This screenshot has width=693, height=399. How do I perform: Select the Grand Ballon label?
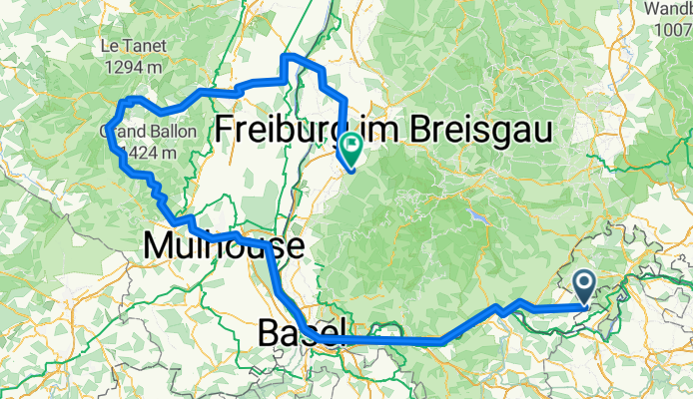click(x=138, y=133)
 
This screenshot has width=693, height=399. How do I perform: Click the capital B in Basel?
click(x=268, y=332)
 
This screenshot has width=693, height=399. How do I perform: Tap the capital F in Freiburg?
click(x=227, y=129)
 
